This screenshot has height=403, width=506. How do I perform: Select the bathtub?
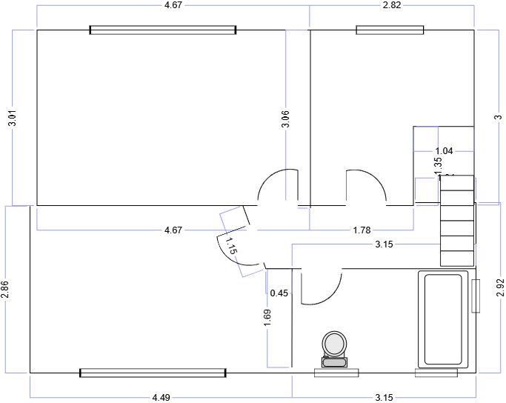point(442,319)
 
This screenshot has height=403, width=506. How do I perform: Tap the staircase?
point(456,220)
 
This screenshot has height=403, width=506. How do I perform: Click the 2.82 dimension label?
point(391,5)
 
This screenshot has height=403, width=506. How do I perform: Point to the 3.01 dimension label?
point(12,118)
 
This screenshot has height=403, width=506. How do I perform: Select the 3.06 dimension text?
point(285,119)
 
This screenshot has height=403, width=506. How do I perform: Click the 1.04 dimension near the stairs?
point(444,151)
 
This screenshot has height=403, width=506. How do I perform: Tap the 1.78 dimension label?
point(362,230)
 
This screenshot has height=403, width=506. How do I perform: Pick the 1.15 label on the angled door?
point(230,244)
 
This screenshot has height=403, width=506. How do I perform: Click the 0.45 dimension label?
point(279,293)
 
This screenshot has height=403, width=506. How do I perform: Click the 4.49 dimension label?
point(161,398)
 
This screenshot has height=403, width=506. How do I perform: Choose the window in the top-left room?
point(163,30)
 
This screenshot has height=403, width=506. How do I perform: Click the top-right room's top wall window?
point(390,30)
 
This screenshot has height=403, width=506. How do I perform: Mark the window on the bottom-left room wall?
point(152,373)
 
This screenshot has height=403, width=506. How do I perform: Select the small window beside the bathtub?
point(476,296)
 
